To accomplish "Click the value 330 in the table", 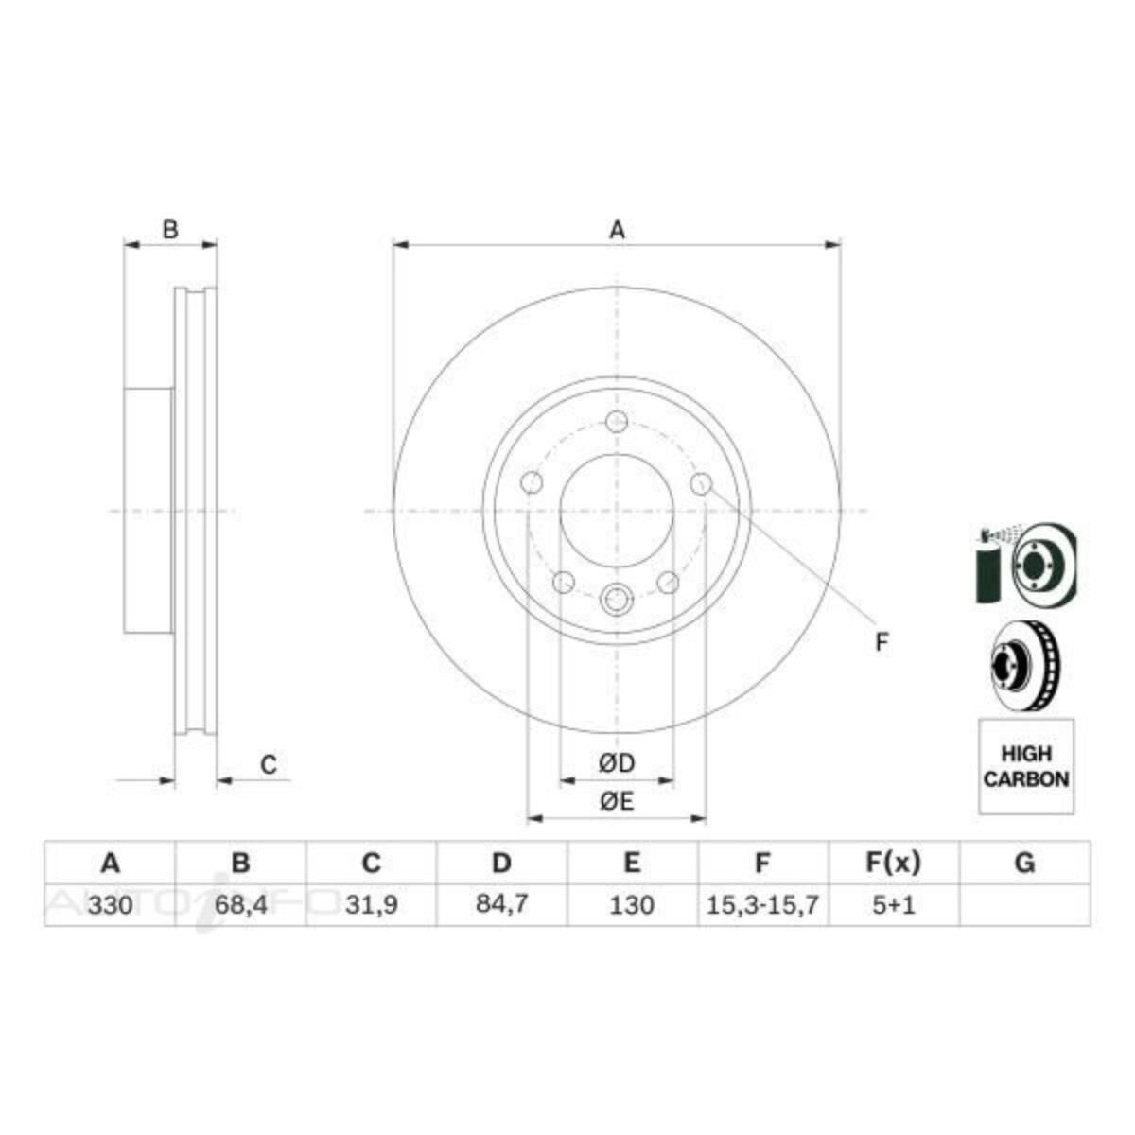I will [110, 905].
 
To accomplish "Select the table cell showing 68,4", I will [240, 905].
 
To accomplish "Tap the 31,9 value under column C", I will [371, 905].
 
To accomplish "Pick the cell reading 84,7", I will [501, 904].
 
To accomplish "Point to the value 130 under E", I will [632, 905].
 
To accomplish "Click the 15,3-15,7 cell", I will [762, 905].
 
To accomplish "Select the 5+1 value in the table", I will [893, 905].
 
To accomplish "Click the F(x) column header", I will [893, 863].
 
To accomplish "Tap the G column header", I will [1024, 863].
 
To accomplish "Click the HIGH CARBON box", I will [1026, 766].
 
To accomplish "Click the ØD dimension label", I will [617, 763].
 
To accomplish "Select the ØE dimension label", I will [617, 802].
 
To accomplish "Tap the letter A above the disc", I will [617, 229].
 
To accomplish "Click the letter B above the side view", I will [170, 229].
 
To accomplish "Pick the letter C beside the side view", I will [269, 764].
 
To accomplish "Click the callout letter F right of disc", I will [882, 643].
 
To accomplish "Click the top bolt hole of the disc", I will [617, 422].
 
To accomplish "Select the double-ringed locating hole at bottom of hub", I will [617, 598].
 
